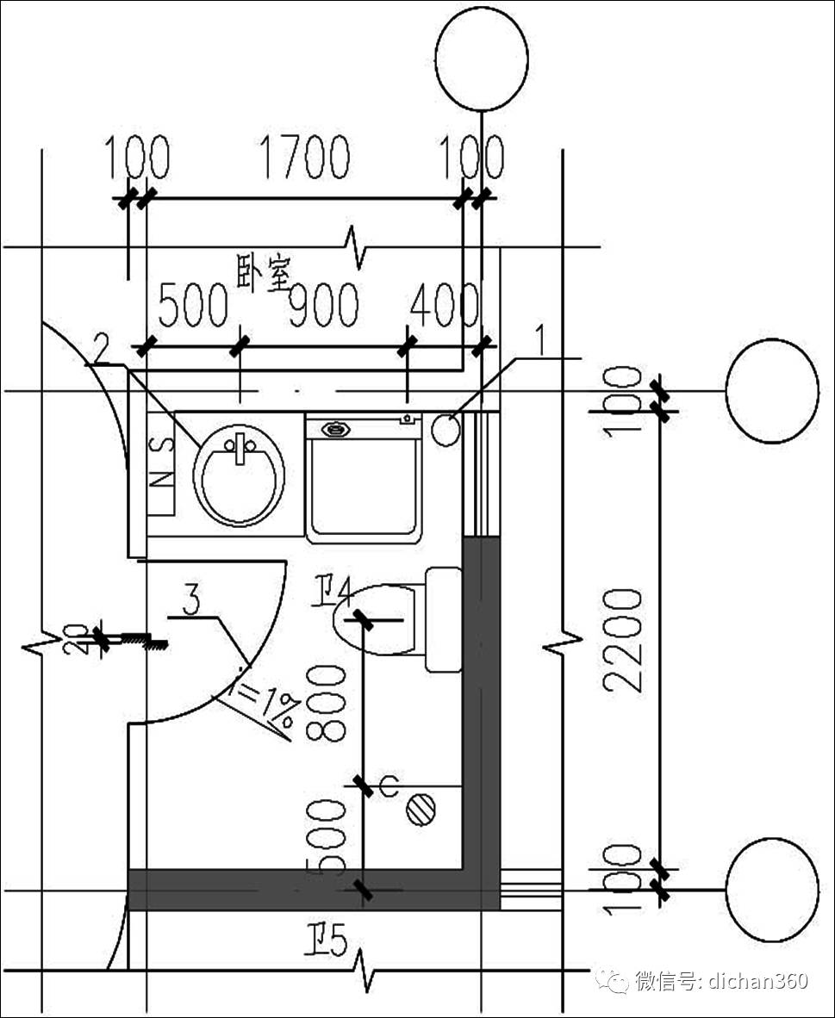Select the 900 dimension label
coord(323,306)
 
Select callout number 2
coord(101,350)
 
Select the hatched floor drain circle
coord(421,810)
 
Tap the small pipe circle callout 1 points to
coord(446,430)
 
